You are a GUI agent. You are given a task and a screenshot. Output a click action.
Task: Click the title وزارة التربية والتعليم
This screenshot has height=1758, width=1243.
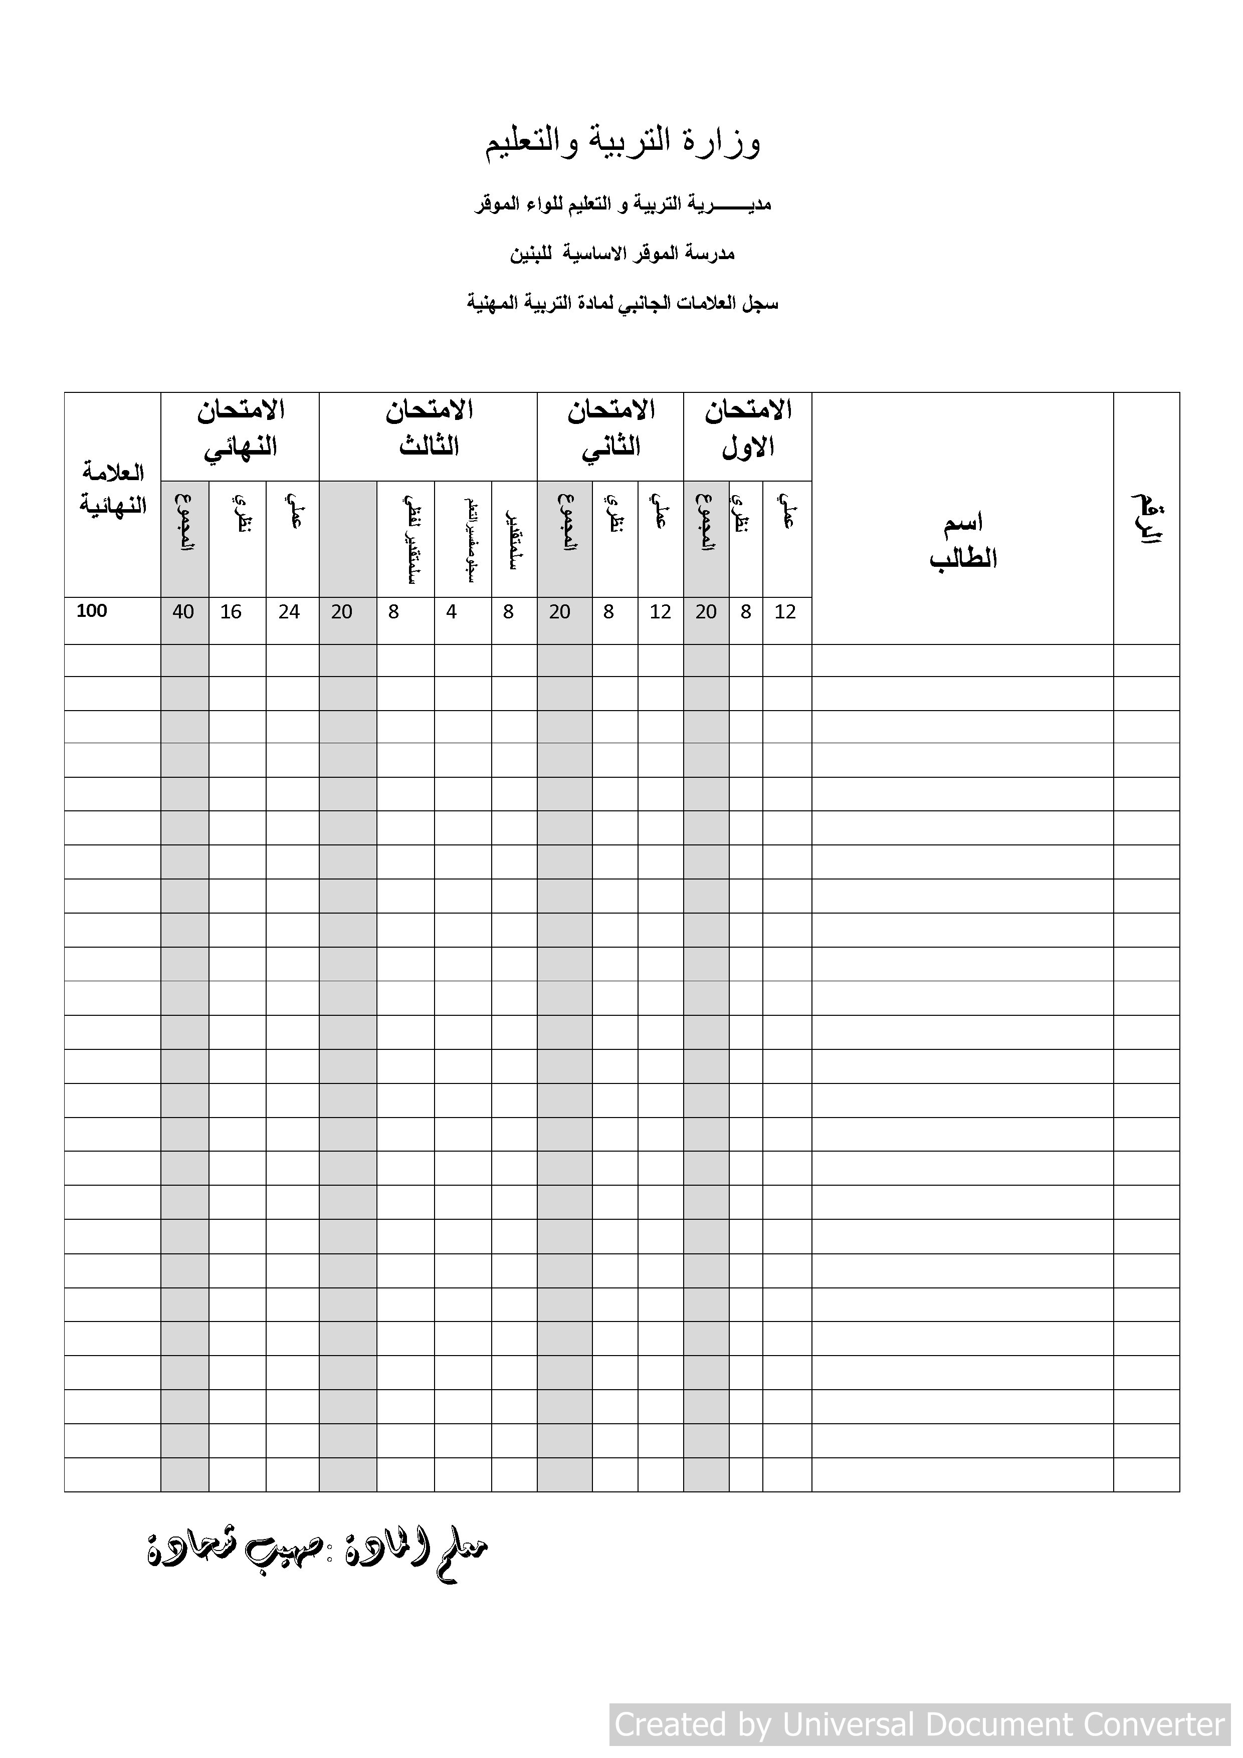click(622, 142)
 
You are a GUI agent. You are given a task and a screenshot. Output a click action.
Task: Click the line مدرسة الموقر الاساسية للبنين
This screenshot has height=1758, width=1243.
click(622, 254)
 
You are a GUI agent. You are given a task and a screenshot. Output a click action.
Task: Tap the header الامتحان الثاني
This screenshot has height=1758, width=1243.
click(610, 429)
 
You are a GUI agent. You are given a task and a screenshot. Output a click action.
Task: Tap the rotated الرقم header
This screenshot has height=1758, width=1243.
click(1146, 519)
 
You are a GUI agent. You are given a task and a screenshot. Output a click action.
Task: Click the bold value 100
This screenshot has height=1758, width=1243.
click(92, 611)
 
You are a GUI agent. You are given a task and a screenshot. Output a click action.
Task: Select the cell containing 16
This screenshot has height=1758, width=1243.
click(231, 612)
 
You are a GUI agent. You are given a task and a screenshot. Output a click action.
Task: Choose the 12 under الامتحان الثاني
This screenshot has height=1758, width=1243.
click(660, 612)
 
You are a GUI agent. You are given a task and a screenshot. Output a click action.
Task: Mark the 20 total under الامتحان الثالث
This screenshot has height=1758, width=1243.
click(342, 612)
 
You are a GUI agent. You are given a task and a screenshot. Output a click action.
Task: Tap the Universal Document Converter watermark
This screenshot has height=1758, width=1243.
click(919, 1724)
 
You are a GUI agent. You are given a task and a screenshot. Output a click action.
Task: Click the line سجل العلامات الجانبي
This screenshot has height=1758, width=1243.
click(622, 303)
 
